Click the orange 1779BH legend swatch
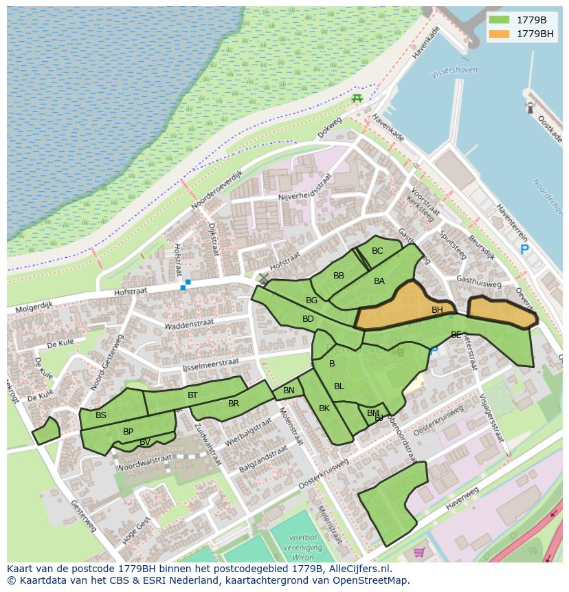pyautogui.click(x=499, y=34)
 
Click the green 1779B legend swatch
pyautogui.click(x=499, y=20)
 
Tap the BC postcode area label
pyautogui.click(x=377, y=251)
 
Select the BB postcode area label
pyautogui.click(x=339, y=276)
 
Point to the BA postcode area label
pyautogui.click(x=379, y=281)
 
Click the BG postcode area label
pyautogui.click(x=311, y=300)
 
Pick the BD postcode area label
pyautogui.click(x=308, y=319)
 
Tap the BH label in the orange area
pyautogui.click(x=437, y=310)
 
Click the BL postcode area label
pyautogui.click(x=339, y=386)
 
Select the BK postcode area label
pyautogui.click(x=324, y=408)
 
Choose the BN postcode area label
pyautogui.click(x=289, y=391)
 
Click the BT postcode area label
pyautogui.click(x=192, y=395)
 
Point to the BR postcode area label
pyautogui.click(x=234, y=404)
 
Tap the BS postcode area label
pyautogui.click(x=101, y=415)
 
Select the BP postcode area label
pyautogui.click(x=128, y=432)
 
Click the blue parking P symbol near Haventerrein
pyautogui.click(x=524, y=250)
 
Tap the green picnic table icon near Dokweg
pyautogui.click(x=357, y=99)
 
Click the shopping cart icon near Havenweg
pyautogui.click(x=419, y=551)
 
